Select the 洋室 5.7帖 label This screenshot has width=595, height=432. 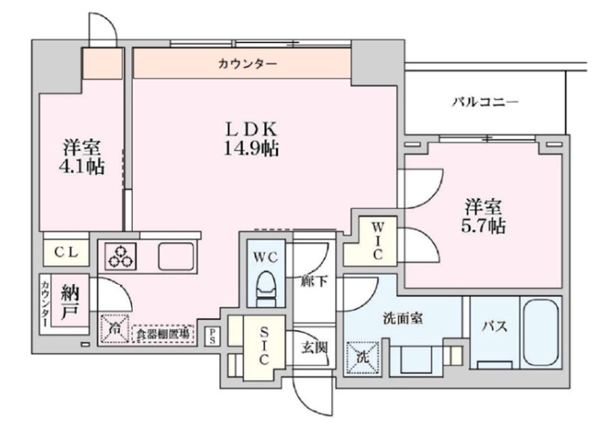485,216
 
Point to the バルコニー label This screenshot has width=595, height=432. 484,102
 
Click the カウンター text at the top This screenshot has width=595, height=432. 242,64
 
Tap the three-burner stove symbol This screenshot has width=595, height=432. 121,256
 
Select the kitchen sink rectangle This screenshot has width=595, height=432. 177,256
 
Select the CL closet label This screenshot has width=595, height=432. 66,250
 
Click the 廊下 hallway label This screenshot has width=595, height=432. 314,281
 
